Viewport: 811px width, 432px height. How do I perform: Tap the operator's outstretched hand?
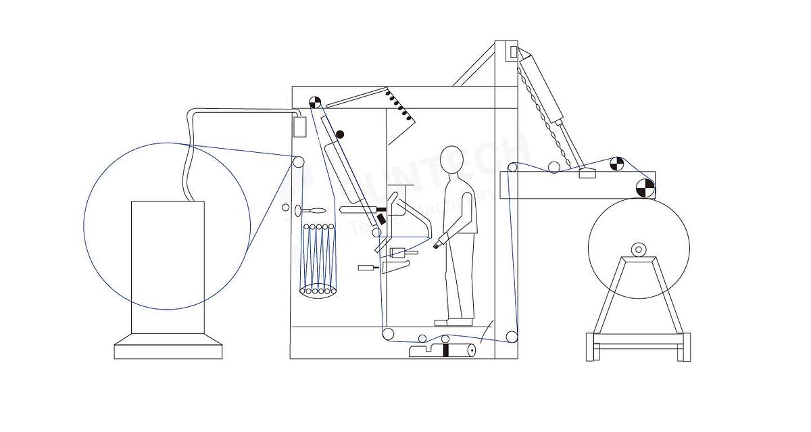(439, 242)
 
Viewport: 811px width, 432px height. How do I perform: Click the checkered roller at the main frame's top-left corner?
(315, 101)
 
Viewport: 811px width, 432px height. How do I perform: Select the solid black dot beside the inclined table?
(340, 135)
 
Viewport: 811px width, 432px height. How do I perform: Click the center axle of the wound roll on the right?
(638, 250)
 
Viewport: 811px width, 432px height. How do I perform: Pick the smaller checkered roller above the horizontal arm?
(616, 163)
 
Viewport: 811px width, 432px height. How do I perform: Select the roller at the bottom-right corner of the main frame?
(512, 337)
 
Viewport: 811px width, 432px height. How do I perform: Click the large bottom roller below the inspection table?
(389, 334)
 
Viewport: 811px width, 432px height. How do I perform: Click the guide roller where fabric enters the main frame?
(297, 162)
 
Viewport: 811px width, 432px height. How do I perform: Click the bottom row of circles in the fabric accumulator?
(318, 290)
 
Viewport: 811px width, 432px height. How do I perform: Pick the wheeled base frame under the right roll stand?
(638, 347)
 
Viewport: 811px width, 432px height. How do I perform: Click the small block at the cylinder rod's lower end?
(586, 173)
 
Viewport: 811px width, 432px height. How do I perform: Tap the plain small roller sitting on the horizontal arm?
(554, 167)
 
